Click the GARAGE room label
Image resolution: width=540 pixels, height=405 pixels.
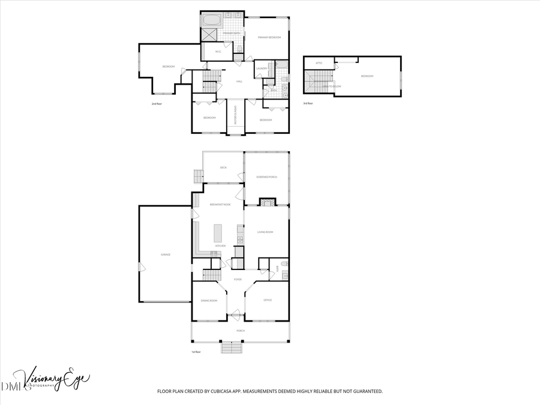tap(166, 254)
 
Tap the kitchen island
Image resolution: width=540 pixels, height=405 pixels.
tap(218, 232)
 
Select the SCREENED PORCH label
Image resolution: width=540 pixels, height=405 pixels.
tap(266, 177)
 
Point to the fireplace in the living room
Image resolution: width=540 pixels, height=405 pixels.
tap(266, 202)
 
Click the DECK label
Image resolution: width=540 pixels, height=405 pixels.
tap(223, 167)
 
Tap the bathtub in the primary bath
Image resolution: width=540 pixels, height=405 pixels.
tap(211, 20)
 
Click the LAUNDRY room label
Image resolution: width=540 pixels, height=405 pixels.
tap(261, 68)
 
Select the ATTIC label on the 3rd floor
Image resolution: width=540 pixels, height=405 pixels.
tap(319, 63)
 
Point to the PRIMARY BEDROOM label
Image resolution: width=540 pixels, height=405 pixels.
tap(269, 37)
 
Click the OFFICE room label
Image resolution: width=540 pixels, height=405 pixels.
tap(268, 299)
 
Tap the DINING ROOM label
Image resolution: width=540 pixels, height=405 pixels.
tap(209, 299)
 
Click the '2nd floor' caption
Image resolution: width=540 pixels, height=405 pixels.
tap(158, 104)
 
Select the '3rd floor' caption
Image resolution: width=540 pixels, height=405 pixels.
tap(309, 103)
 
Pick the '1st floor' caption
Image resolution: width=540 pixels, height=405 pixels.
tap(196, 352)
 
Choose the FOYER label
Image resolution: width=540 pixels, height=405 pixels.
tap(238, 280)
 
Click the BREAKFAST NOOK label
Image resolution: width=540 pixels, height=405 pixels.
tap(220, 205)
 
